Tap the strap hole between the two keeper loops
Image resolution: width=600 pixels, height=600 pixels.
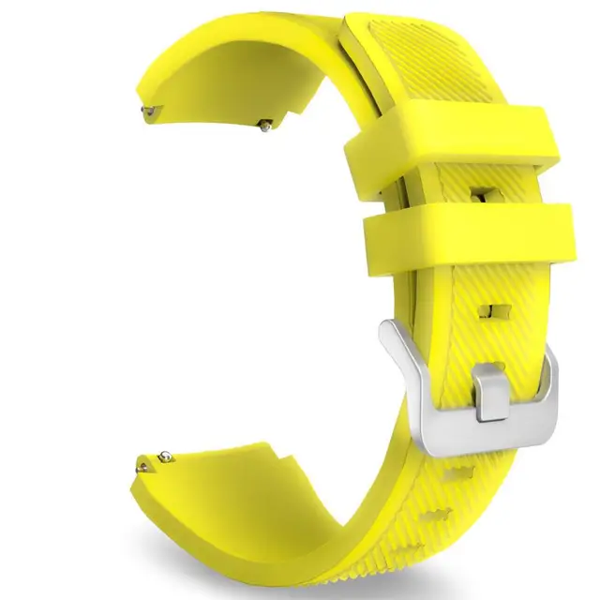point(480,193)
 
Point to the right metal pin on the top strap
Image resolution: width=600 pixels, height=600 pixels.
point(266,123)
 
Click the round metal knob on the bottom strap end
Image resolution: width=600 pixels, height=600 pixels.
point(164,457)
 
